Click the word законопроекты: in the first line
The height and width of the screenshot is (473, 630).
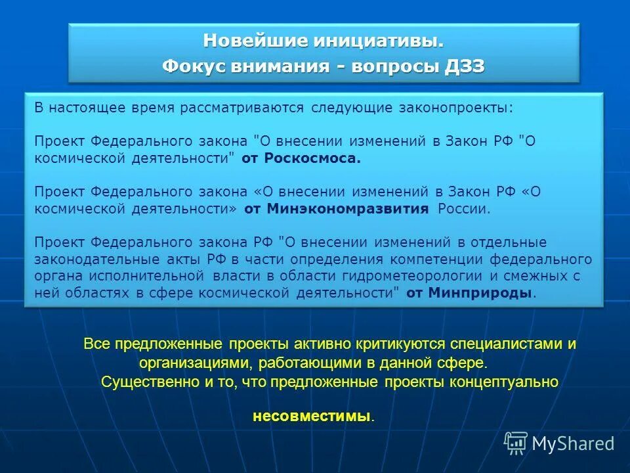(456, 108)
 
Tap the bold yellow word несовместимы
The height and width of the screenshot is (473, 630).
(311, 417)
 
